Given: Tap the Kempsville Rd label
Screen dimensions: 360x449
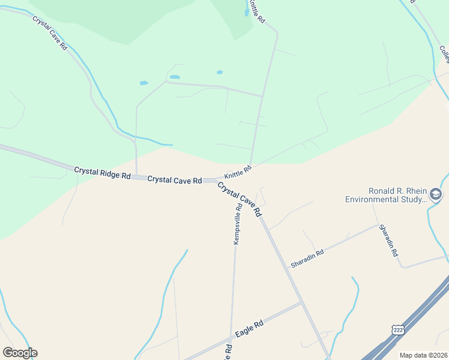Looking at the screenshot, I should tap(238, 224).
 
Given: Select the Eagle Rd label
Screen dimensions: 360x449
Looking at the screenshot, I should tap(250, 328).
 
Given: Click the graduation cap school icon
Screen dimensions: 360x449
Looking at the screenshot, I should tap(436, 194).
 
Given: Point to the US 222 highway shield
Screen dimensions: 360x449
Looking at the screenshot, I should tap(397, 330).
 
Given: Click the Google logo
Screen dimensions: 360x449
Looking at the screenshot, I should tap(20, 353).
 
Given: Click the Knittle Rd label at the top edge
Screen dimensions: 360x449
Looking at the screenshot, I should tap(257, 11).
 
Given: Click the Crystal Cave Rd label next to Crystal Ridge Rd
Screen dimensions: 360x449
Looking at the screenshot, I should tap(174, 179).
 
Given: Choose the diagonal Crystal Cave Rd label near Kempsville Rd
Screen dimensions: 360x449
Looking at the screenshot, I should tap(240, 199).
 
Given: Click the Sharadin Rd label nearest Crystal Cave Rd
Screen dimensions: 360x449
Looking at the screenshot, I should tap(307, 258).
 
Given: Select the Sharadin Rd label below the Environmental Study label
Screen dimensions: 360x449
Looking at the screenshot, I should tap(388, 241).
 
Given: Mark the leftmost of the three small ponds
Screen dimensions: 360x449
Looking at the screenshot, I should tap(144, 83).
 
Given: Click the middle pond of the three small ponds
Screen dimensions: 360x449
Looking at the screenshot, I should tap(175, 77).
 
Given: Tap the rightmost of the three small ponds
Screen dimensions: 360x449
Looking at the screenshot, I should tap(220, 73).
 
